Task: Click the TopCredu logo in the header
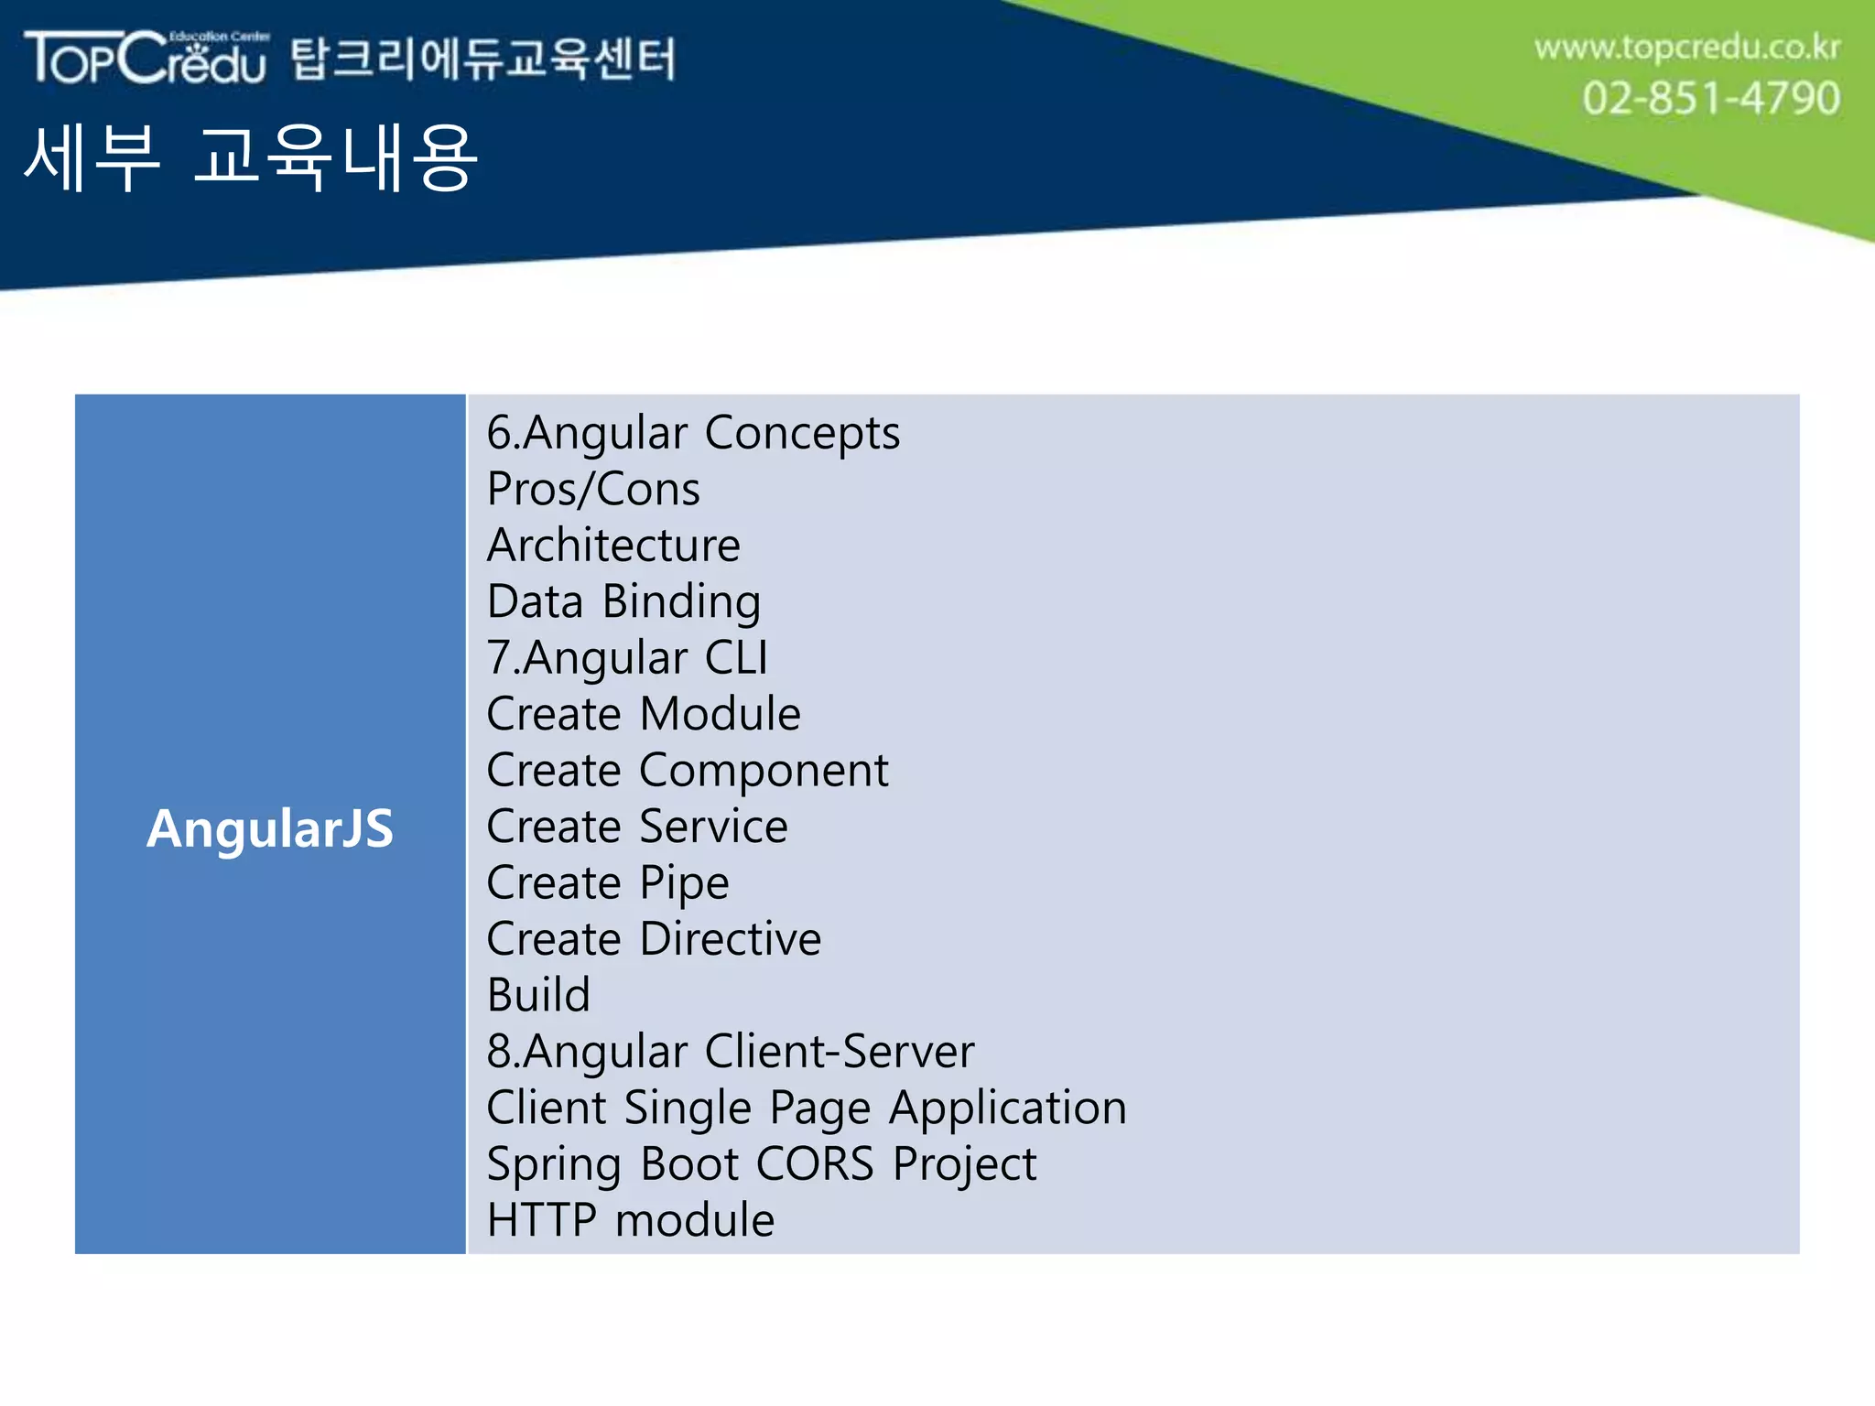click(146, 58)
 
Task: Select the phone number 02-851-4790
click(1710, 98)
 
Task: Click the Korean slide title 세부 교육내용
click(250, 158)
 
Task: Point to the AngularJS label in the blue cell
click(270, 828)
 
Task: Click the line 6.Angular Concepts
click(693, 433)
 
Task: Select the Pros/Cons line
click(593, 489)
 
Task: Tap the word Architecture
click(613, 546)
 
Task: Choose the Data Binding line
click(623, 602)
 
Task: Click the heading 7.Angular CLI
click(627, 658)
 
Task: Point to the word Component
click(764, 771)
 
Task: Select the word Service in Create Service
click(713, 827)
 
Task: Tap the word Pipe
click(684, 883)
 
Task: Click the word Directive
click(731, 939)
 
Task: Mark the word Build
click(538, 995)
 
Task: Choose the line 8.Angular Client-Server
click(730, 1052)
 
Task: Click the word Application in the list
click(1008, 1109)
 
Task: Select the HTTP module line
click(631, 1220)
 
